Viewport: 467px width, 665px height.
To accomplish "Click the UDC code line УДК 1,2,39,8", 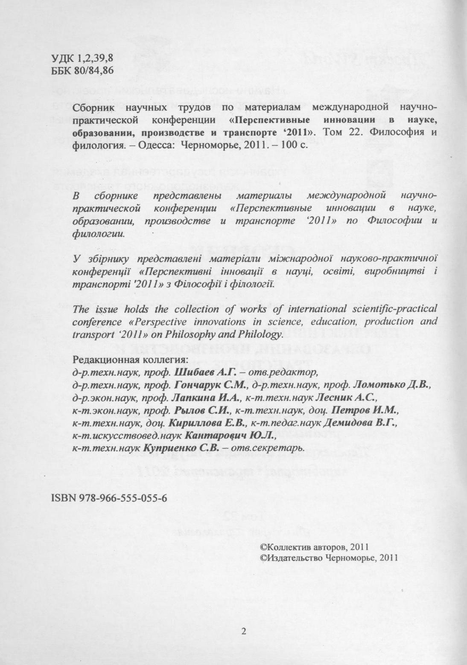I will tap(84, 59).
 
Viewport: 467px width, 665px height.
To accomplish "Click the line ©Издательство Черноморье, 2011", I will tap(329, 557).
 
